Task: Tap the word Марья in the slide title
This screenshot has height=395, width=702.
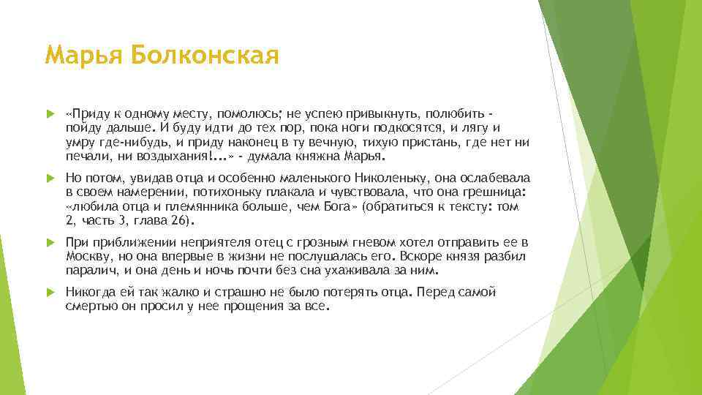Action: [81, 56]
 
